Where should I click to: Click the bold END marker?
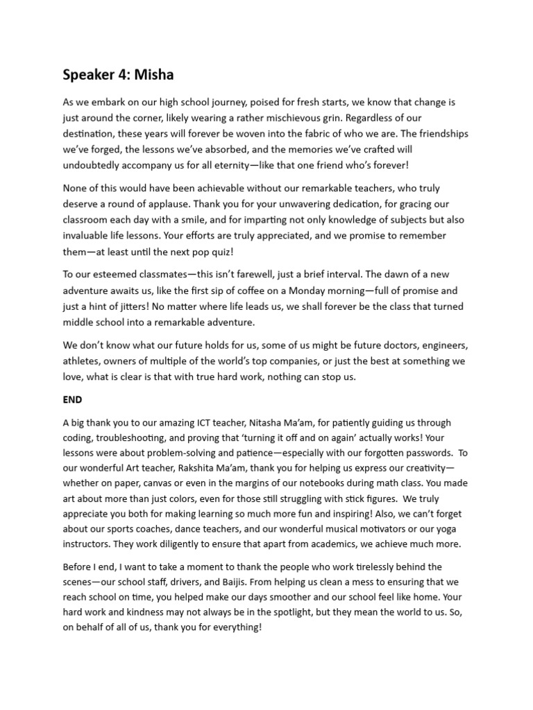point(72,400)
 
